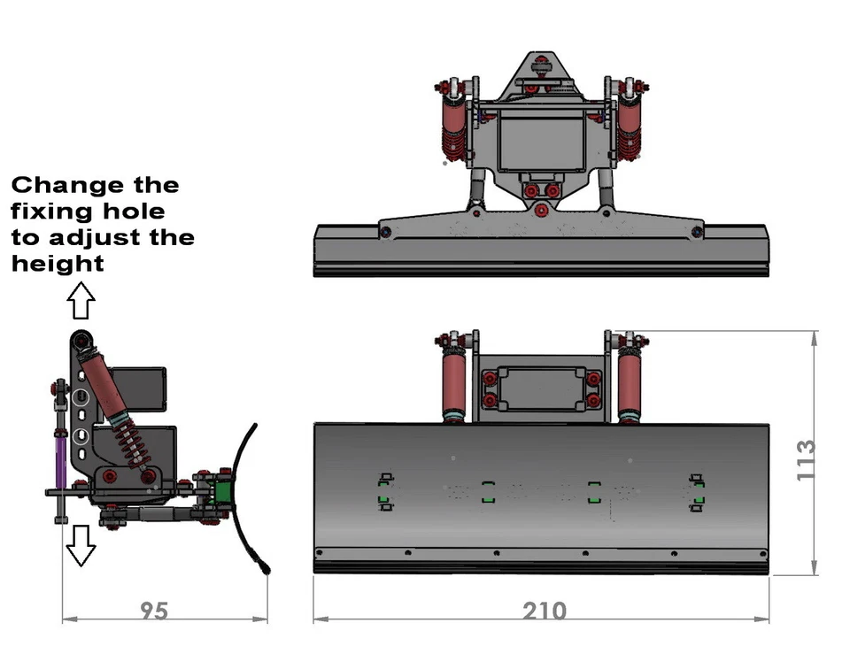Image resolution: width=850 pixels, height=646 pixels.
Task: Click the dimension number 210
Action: (544, 611)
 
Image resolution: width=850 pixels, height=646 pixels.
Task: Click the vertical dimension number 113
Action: (806, 460)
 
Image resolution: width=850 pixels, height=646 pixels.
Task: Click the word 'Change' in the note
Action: (65, 185)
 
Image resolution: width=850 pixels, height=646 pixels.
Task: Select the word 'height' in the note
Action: (58, 263)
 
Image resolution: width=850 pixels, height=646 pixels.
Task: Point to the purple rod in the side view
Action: (59, 460)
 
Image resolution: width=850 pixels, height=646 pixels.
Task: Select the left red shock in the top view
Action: (454, 128)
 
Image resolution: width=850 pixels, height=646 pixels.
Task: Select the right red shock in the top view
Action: (630, 128)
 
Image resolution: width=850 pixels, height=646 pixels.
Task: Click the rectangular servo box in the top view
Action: (541, 140)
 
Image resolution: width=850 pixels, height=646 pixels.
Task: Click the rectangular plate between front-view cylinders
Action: (541, 389)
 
